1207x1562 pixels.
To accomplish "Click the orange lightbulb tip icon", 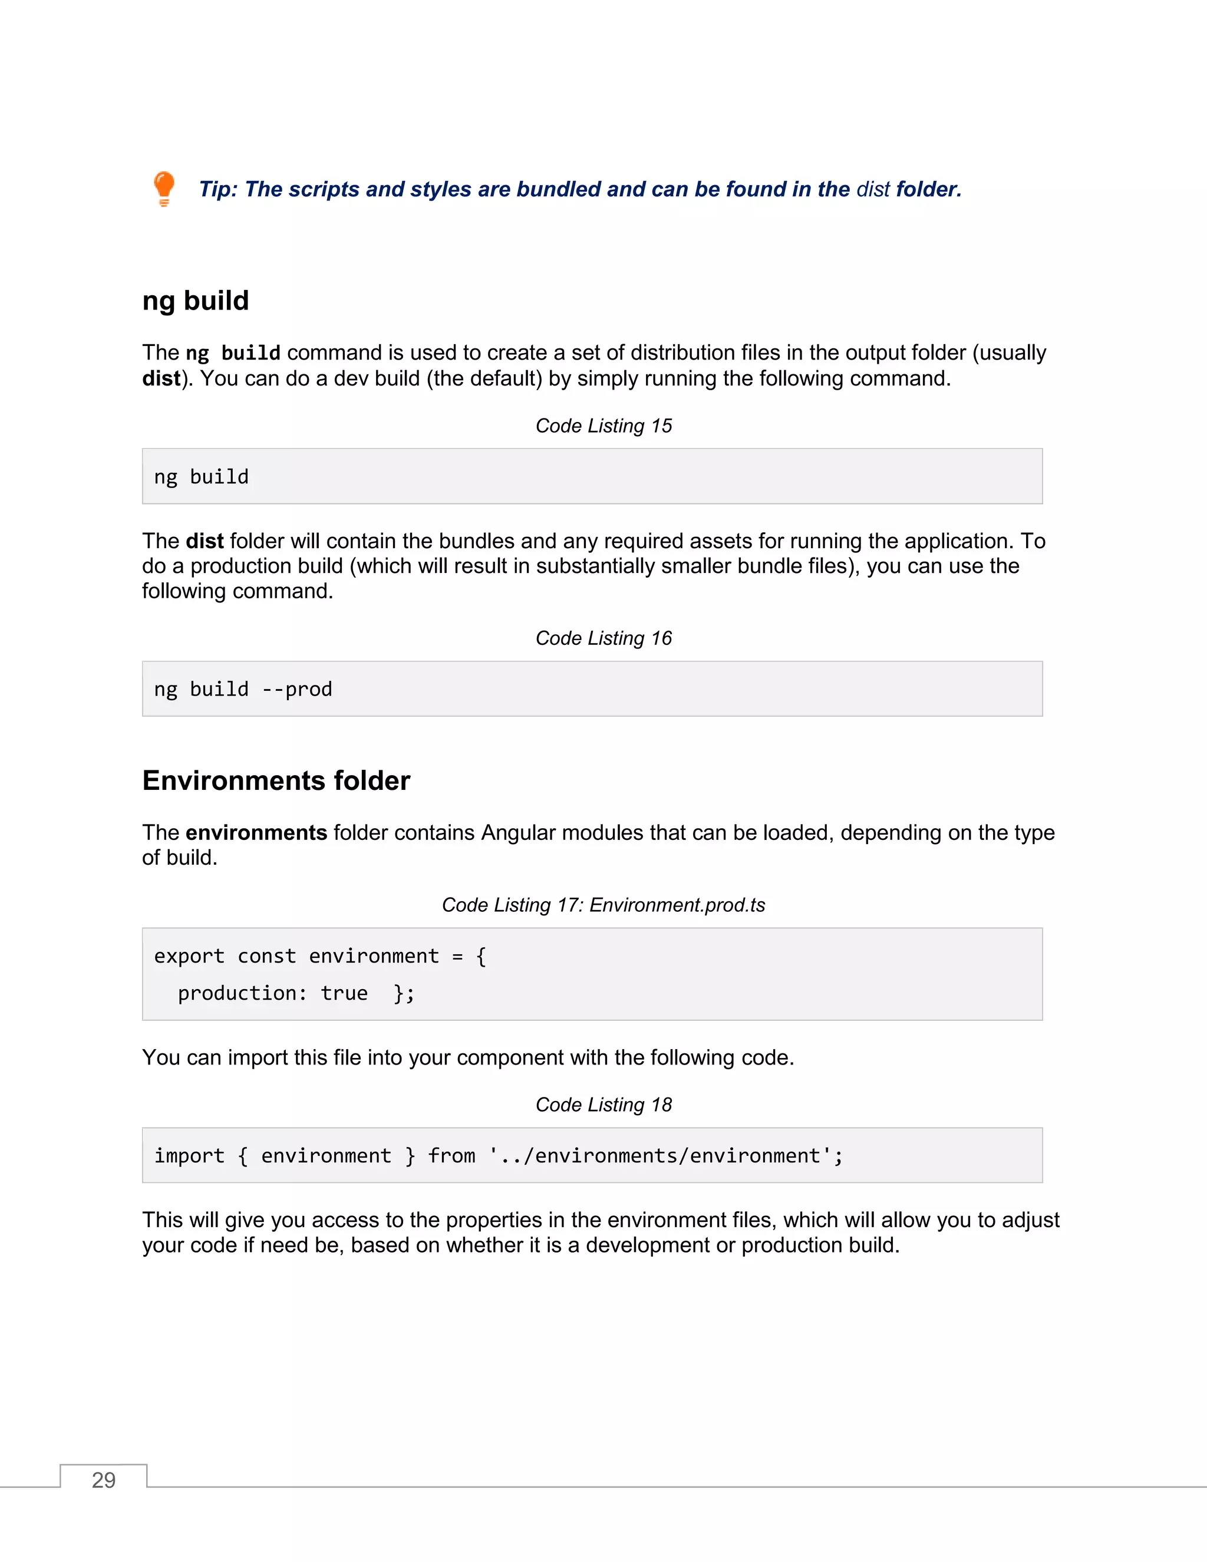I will click(x=164, y=188).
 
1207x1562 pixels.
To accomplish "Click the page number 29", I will click(x=104, y=1479).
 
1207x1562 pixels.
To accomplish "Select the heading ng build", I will click(x=195, y=301).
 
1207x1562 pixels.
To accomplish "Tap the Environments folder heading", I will click(x=276, y=780).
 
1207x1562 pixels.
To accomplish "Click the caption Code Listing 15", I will click(x=603, y=426).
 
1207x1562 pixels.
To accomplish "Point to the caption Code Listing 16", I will click(x=603, y=638).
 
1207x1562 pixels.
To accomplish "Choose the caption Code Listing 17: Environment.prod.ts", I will click(x=603, y=905).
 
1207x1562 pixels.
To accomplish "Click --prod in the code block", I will click(x=297, y=690).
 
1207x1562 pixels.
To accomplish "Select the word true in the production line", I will click(x=344, y=993).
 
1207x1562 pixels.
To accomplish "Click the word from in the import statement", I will click(x=451, y=1156).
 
